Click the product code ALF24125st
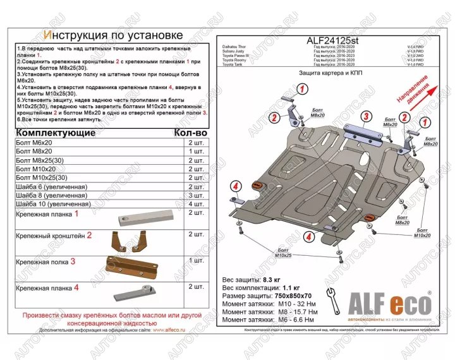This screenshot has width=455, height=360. pos(332,42)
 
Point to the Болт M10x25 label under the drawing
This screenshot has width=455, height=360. pos(284,254)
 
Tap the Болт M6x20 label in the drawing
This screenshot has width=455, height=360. pos(390,121)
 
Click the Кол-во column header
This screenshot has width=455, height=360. pos(190,133)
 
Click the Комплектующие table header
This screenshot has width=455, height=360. pos(55,133)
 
